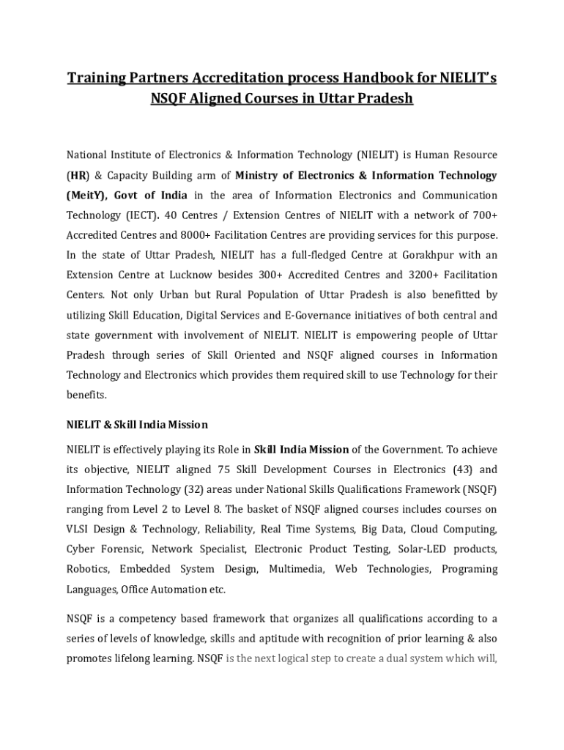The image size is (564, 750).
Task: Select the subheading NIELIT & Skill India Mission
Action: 137,424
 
